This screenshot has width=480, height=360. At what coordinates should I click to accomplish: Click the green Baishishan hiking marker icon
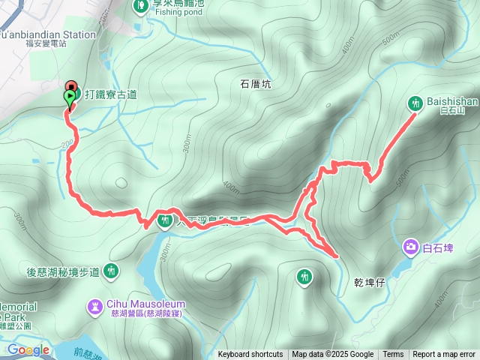coord(415,103)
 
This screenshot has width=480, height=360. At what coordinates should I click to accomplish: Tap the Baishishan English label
coord(448,100)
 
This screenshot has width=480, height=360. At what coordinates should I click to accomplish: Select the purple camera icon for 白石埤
coord(410,246)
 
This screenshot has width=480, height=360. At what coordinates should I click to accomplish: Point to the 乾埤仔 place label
coord(370,283)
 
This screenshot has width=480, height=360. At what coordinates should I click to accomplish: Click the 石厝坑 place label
coord(255,84)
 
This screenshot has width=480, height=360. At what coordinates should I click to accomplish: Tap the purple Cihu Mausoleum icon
coord(96,305)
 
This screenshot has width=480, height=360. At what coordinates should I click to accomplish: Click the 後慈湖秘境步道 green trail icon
coord(111,270)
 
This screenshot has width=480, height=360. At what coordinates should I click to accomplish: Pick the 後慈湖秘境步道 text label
coord(63,271)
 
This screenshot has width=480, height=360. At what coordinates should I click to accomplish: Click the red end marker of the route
coord(72,87)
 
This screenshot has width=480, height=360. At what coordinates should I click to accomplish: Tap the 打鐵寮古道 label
coord(111,94)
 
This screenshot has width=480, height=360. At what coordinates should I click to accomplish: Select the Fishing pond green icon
coord(141,6)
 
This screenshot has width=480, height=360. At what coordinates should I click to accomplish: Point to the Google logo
coord(28,350)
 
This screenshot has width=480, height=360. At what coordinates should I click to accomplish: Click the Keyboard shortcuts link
coord(250,355)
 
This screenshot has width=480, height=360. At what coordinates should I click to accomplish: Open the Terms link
coord(393,355)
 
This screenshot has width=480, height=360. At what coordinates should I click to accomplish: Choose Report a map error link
coord(443,355)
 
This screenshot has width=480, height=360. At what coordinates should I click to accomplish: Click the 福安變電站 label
coord(45,43)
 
